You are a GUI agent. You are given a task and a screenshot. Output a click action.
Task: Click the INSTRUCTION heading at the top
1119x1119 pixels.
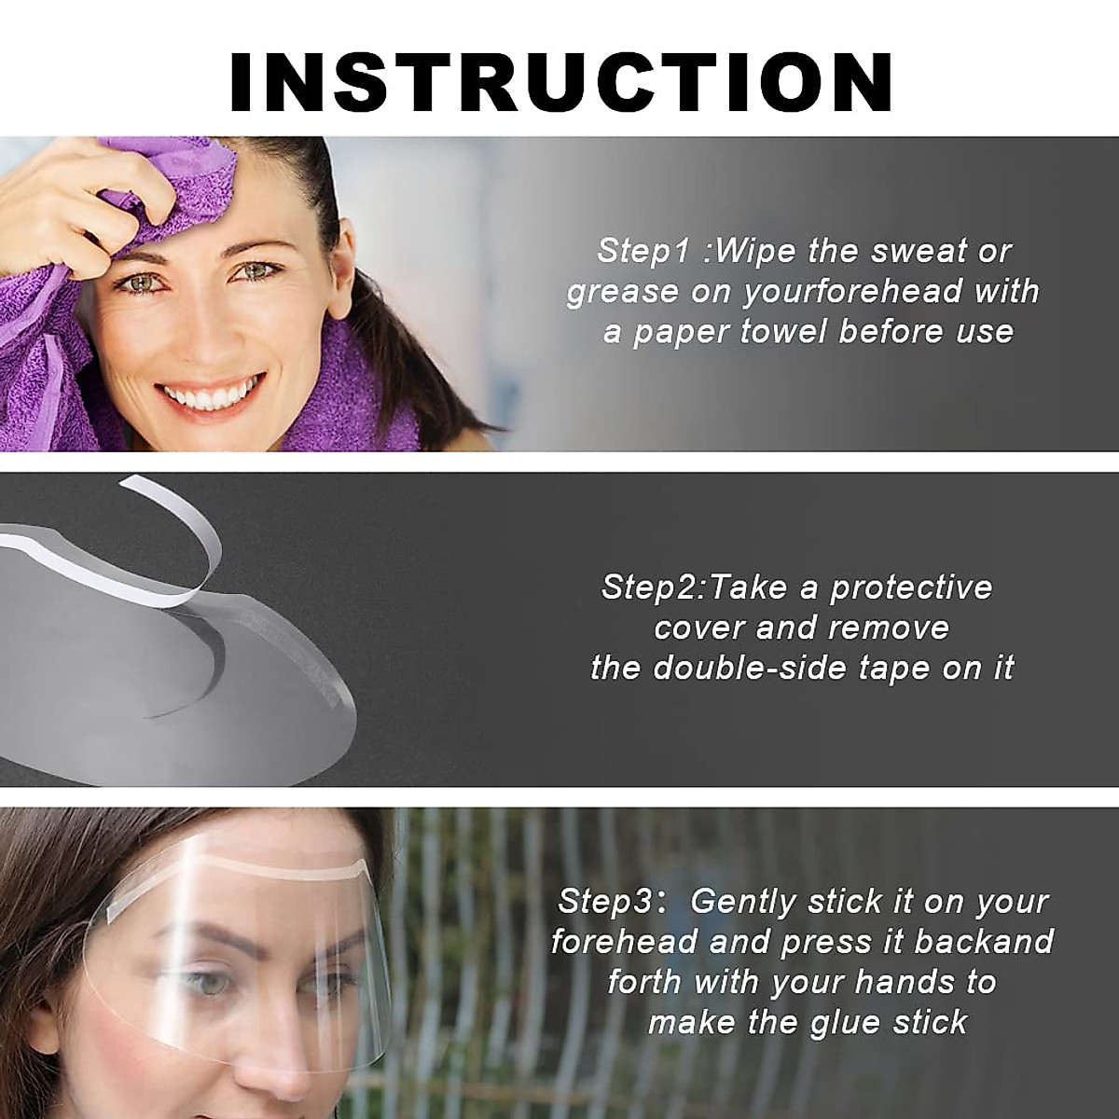[560, 82]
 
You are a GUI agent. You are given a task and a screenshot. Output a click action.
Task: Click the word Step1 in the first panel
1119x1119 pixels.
[642, 251]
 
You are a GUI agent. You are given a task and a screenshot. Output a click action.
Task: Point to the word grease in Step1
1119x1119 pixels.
[622, 292]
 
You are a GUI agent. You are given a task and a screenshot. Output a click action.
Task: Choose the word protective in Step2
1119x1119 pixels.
[911, 587]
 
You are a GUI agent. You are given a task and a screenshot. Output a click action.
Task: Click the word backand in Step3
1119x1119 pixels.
[984, 942]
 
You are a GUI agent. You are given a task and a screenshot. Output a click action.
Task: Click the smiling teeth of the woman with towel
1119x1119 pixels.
[212, 396]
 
